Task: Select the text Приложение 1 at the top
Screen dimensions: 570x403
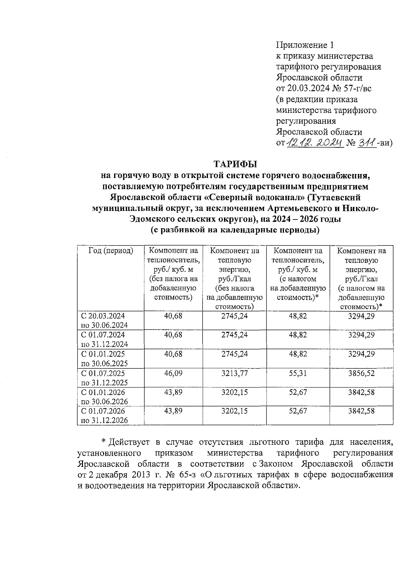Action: coord(305,45)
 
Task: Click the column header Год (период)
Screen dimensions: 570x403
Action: coord(110,251)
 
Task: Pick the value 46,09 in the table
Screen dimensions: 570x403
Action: coord(173,373)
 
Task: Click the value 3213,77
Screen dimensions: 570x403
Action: coord(234,373)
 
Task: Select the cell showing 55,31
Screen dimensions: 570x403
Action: coord(298,373)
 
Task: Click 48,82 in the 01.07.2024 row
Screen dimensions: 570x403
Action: coord(298,335)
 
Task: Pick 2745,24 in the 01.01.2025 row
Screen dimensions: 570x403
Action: coord(234,354)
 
